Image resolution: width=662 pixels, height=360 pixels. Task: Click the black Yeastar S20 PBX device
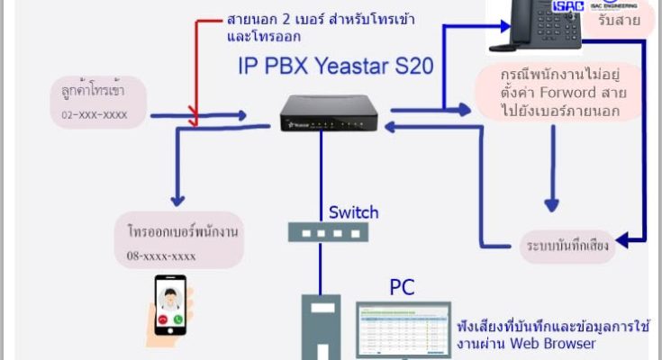[x=322, y=110]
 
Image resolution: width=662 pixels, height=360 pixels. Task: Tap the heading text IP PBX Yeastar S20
[x=342, y=65]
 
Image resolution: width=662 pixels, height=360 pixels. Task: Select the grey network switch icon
[x=321, y=231]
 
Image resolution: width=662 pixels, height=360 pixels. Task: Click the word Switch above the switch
[x=353, y=212]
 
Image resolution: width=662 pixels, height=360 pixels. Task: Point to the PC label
[x=402, y=287]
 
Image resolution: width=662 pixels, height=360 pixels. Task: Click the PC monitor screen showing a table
[x=404, y=328]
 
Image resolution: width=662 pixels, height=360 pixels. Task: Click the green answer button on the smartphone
[x=178, y=319]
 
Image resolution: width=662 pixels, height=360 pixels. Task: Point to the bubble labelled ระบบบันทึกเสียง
[x=570, y=245]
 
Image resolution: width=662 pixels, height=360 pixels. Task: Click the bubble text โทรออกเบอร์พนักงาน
[x=181, y=231]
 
